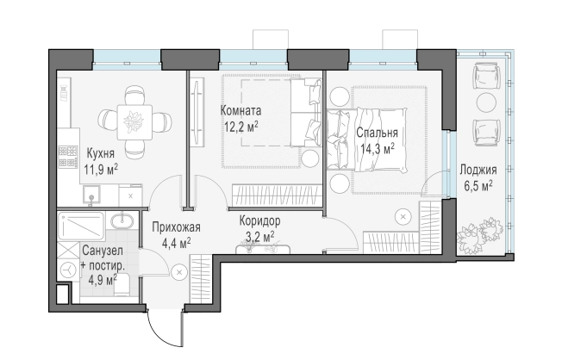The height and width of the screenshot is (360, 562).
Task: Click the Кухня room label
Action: pos(101,153)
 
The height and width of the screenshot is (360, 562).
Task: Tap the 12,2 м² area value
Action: pos(241,126)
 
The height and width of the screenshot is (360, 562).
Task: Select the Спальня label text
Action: pos(377,133)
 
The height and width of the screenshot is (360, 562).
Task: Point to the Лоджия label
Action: pos(478,170)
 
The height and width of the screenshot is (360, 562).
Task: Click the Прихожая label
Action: pos(177,227)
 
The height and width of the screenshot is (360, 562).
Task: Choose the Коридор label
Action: pos(259,221)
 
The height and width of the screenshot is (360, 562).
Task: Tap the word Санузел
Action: pos(103,251)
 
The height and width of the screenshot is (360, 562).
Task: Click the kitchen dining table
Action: pos(134,122)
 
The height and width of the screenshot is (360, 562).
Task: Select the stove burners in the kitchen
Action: pos(68,157)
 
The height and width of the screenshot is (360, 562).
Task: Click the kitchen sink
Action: pos(91,196)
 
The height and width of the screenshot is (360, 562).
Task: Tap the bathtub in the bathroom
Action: pos(81,226)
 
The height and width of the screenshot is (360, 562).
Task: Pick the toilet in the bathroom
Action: pos(122,285)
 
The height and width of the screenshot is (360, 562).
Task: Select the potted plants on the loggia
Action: pos(480,234)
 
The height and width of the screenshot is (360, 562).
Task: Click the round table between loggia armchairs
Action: pos(486,102)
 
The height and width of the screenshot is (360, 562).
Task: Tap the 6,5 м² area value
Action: pos(478,186)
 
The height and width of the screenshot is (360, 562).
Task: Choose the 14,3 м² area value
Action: pos(378,149)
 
